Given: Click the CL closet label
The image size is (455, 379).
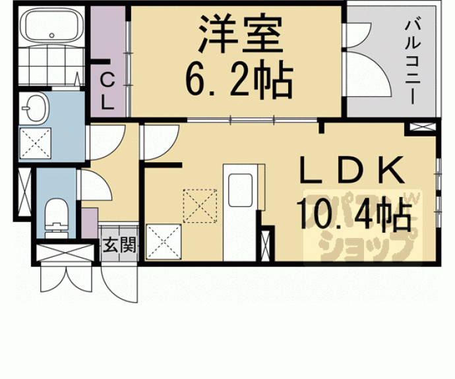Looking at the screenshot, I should [106, 91].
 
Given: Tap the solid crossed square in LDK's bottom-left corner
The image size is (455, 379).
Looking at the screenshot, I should [160, 241].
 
